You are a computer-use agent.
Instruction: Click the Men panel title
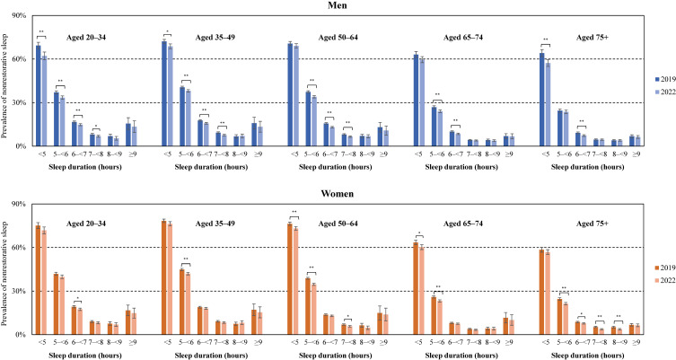point(338,6)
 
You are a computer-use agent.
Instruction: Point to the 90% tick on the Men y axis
point(16,16)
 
